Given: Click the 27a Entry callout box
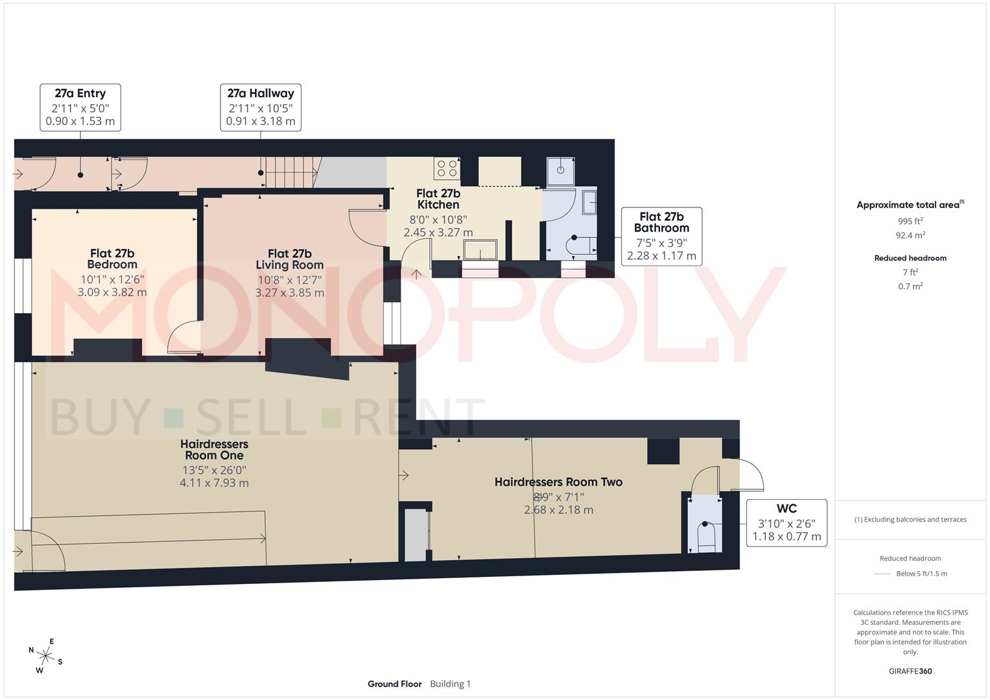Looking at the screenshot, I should pyautogui.click(x=80, y=108).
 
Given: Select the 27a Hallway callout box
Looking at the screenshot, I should pyautogui.click(x=261, y=108).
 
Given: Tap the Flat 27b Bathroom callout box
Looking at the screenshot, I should pyautogui.click(x=661, y=237).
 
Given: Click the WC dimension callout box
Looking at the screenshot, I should pyautogui.click(x=786, y=522).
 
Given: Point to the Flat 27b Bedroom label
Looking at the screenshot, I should pyautogui.click(x=112, y=259).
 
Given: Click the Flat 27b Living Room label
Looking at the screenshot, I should pyautogui.click(x=289, y=259).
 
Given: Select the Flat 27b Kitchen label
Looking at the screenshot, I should pyautogui.click(x=438, y=198).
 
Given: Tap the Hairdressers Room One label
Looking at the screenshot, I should pyautogui.click(x=214, y=450).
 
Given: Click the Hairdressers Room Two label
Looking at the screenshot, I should pyautogui.click(x=558, y=482).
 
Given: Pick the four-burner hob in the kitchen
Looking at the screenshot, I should pyautogui.click(x=447, y=169).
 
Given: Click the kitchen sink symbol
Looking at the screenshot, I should pyautogui.click(x=480, y=250).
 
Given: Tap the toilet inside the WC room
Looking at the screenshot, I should pyautogui.click(x=705, y=535).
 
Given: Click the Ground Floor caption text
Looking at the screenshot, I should pyautogui.click(x=394, y=684).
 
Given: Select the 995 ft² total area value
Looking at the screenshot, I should pyautogui.click(x=910, y=221).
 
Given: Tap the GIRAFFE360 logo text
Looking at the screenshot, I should pyautogui.click(x=910, y=671).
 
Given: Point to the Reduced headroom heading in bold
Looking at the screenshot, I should pyautogui.click(x=910, y=258).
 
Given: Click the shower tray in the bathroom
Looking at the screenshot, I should pyautogui.click(x=560, y=170).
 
